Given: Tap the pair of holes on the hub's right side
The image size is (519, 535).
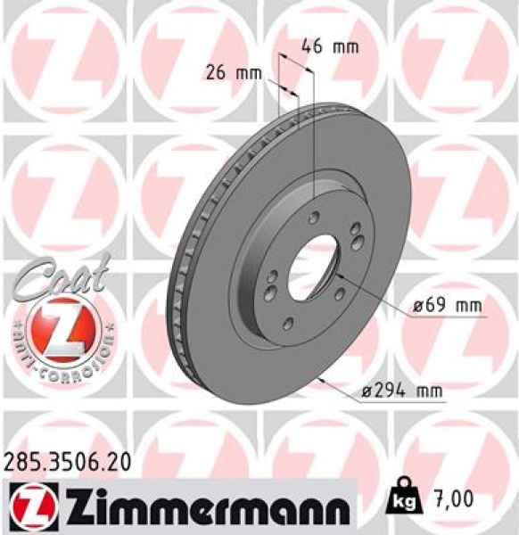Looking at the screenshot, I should coord(355,238).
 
